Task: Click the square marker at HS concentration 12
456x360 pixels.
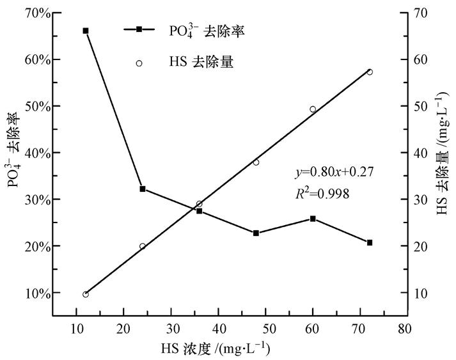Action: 85,31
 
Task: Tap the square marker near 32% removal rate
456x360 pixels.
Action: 143,189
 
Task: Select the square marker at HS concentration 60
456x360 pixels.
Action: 313,219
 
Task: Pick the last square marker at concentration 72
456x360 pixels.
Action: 370,242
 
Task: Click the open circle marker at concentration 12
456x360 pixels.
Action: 85,294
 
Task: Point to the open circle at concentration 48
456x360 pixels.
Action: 256,162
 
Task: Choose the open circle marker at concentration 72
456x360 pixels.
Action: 370,72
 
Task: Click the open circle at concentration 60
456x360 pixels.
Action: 313,109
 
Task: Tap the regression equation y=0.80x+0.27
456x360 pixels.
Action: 333,172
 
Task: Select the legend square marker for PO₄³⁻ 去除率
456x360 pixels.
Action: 139,29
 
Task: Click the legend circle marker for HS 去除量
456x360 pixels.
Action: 139,63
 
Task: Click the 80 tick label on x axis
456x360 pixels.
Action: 403,328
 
